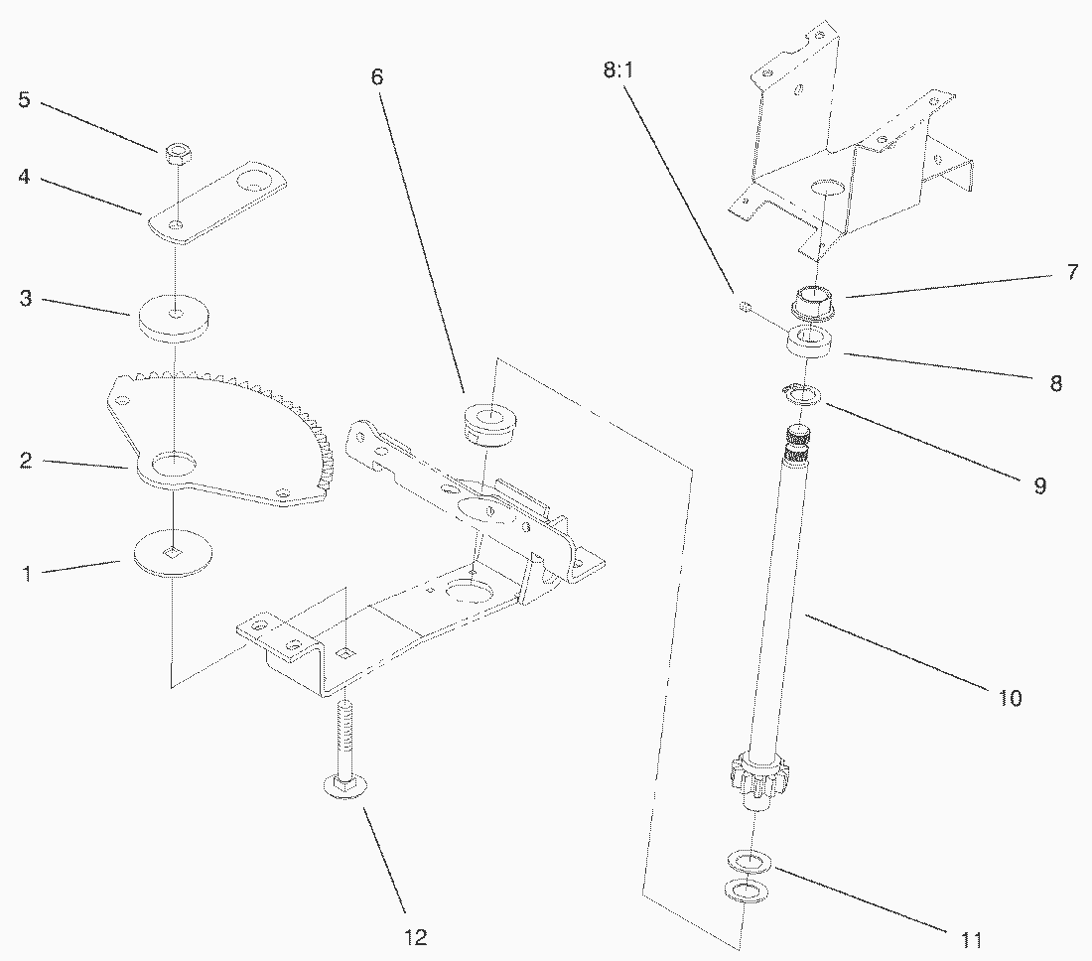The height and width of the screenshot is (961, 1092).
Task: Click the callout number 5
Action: point(24,99)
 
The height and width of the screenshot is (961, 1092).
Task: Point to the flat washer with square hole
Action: point(173,554)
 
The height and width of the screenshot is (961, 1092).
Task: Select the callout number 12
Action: point(418,936)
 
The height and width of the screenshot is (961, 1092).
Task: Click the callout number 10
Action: point(1009,697)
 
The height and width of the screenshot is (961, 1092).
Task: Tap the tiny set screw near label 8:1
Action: point(742,307)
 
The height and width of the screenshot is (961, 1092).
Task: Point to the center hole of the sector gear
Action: point(176,463)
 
